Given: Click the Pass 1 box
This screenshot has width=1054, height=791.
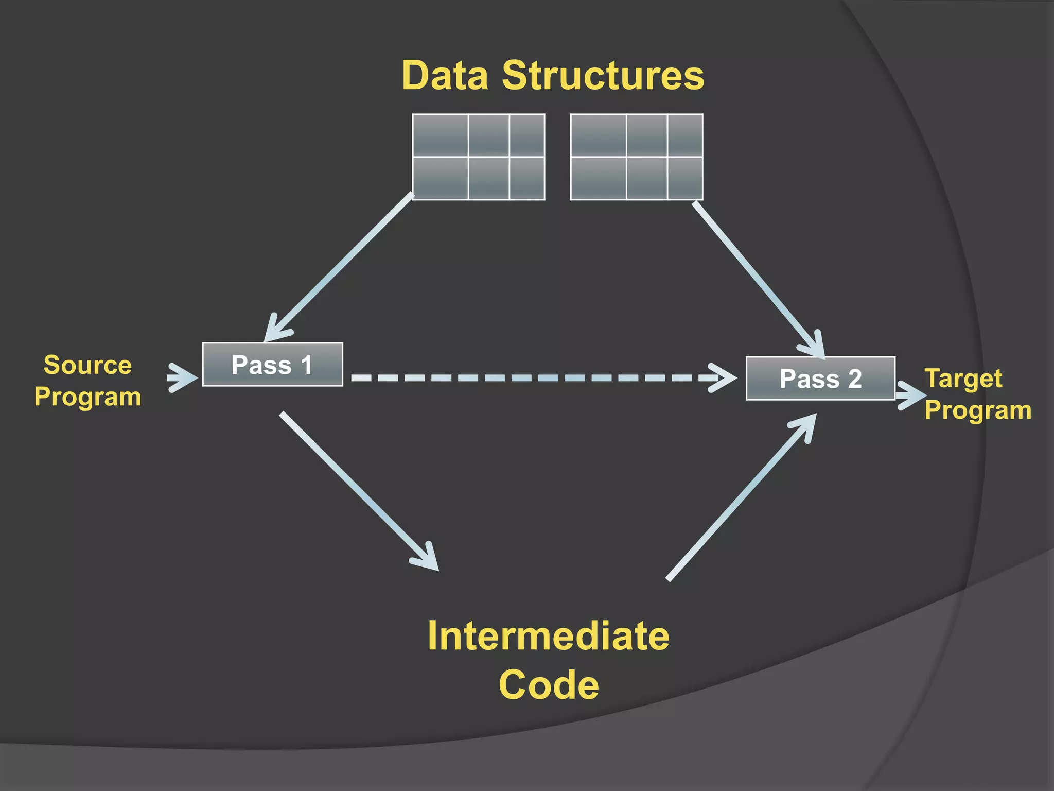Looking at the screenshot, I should [x=272, y=365].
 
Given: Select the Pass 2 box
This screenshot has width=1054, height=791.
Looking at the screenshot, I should [x=820, y=379].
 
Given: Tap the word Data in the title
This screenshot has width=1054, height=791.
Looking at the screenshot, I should [x=445, y=76].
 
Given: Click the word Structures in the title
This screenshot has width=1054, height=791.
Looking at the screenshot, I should [x=603, y=76].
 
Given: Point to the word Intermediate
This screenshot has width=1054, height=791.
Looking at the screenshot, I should [x=548, y=637].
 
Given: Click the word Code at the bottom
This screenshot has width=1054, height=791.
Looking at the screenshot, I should [x=549, y=685].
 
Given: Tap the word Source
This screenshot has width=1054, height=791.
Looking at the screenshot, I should [x=87, y=365].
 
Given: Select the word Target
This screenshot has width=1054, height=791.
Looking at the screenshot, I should [x=963, y=379].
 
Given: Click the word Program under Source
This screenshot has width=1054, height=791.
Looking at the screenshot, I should [x=87, y=397].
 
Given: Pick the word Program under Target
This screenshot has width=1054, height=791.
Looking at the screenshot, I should [x=978, y=410].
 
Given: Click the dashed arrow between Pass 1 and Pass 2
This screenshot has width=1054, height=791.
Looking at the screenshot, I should [x=540, y=378].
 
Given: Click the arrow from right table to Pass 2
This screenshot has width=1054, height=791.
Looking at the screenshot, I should [x=757, y=278].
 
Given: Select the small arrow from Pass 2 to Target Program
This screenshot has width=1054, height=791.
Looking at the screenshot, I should [x=910, y=395].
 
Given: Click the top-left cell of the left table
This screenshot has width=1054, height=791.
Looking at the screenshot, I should [x=441, y=135].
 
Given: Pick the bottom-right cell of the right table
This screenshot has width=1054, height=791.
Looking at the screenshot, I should [x=685, y=178].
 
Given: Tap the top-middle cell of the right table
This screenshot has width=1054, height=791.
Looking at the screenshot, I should [x=647, y=135].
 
